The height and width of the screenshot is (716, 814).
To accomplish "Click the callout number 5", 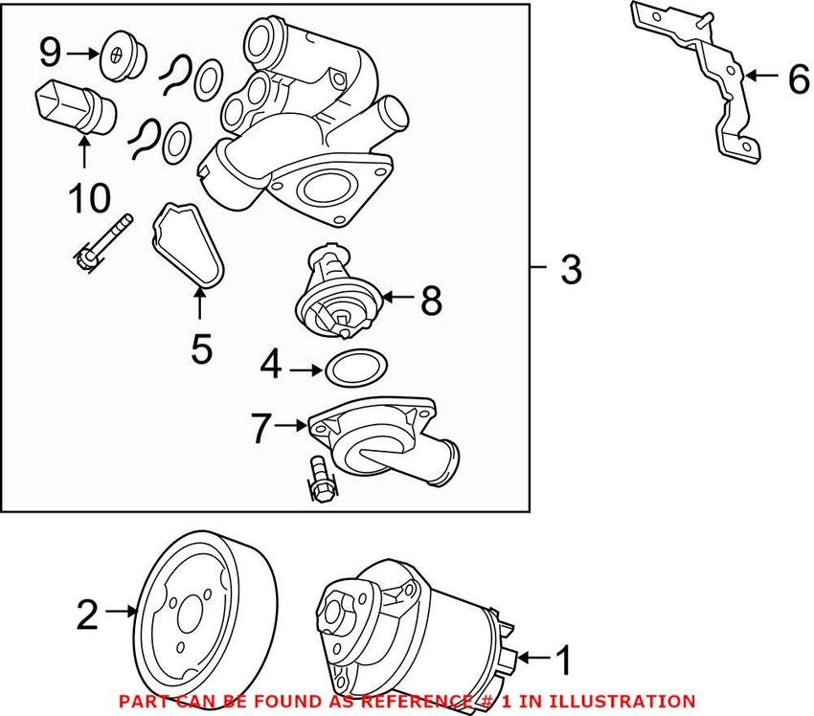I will pyautogui.click(x=200, y=347).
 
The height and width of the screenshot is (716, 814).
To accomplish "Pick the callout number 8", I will pyautogui.click(x=431, y=301).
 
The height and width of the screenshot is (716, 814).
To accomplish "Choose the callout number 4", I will pyautogui.click(x=272, y=366).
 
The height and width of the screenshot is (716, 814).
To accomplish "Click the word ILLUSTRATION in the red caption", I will pyautogui.click(x=619, y=702).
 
